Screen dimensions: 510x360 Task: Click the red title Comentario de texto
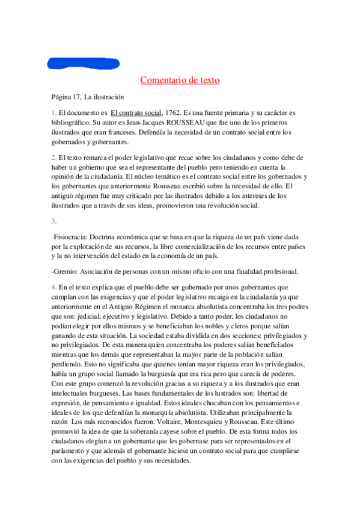click(x=180, y=79)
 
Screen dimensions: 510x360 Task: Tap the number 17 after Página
click(x=79, y=96)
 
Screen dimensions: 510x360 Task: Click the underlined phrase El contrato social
click(x=136, y=112)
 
